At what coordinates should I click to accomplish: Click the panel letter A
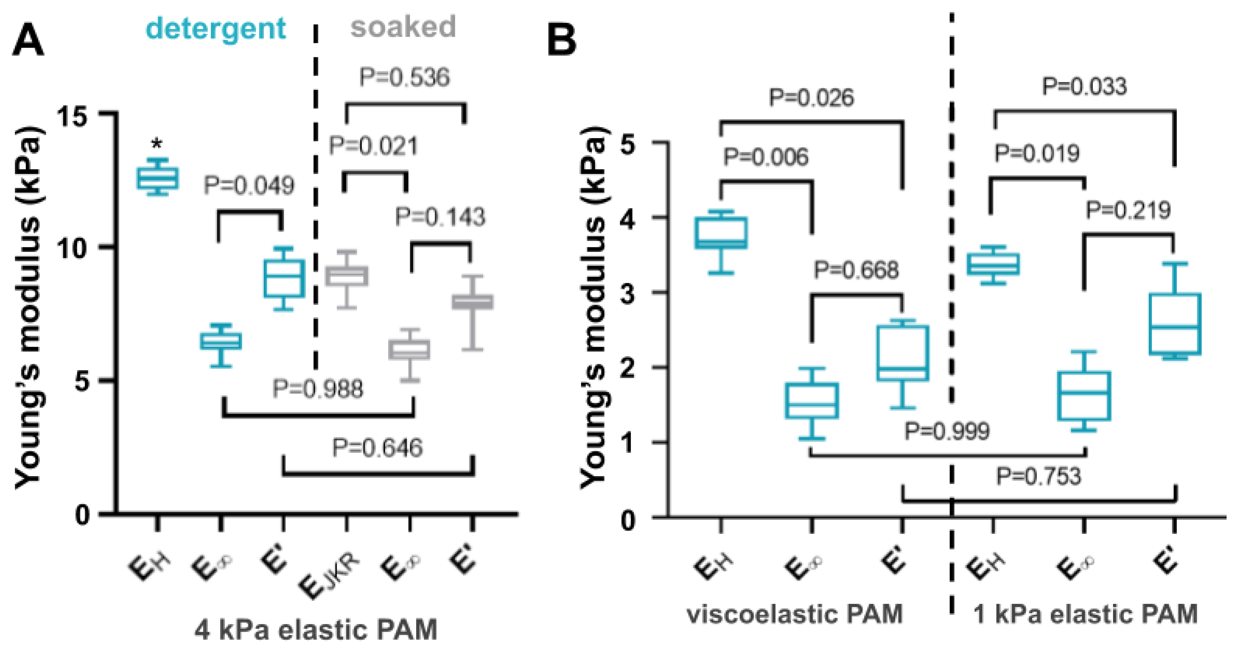pyautogui.click(x=28, y=42)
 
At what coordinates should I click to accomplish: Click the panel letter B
pyautogui.click(x=562, y=42)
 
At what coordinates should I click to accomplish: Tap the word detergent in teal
pyautogui.click(x=216, y=29)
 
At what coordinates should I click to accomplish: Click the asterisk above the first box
pyautogui.click(x=156, y=144)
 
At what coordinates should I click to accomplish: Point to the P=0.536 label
pyautogui.click(x=404, y=78)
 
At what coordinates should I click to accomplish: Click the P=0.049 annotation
pyautogui.click(x=249, y=185)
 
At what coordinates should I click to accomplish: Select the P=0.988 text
pyautogui.click(x=318, y=388)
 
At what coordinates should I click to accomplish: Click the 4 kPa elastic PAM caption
pyautogui.click(x=316, y=629)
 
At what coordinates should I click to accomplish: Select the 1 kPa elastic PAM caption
pyautogui.click(x=1086, y=614)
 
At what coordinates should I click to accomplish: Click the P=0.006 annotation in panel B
pyautogui.click(x=766, y=157)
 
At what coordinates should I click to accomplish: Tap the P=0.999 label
pyautogui.click(x=947, y=431)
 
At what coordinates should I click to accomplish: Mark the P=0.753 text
pyautogui.click(x=1039, y=477)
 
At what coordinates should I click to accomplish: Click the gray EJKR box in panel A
pyautogui.click(x=347, y=276)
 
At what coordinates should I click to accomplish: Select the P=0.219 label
pyautogui.click(x=1128, y=210)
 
